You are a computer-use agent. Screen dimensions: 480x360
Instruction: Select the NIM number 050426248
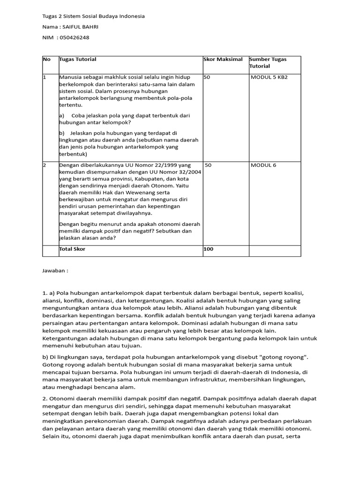73,37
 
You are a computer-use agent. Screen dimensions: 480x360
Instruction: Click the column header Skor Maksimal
223,60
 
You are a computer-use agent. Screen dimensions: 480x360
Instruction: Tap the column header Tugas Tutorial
78,60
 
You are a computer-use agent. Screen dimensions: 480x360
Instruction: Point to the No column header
46,60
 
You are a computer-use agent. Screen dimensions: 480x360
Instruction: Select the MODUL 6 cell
263,165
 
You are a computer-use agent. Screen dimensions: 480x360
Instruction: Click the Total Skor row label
72,249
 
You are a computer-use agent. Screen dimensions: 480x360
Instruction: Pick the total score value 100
208,249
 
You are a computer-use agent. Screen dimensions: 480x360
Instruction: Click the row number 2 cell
45,165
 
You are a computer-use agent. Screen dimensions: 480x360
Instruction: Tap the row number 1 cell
45,77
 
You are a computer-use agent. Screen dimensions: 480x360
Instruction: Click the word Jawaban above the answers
55,271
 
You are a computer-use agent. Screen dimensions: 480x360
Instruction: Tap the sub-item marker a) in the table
61,115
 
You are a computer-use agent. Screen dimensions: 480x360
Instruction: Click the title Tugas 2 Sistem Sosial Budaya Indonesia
93,16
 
